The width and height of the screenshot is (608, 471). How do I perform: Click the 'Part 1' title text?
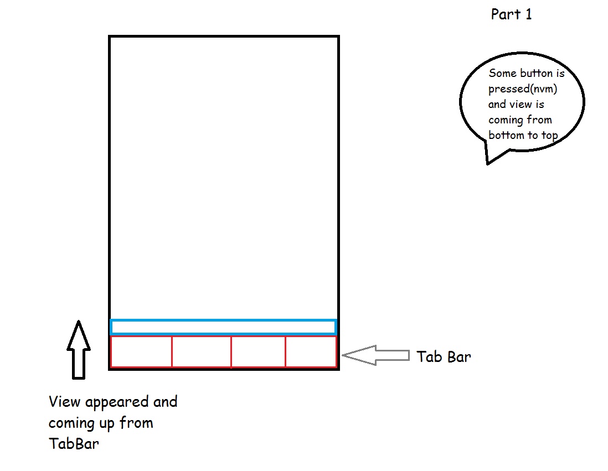pyautogui.click(x=511, y=14)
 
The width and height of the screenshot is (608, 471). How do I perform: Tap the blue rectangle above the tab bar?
pyautogui.click(x=223, y=320)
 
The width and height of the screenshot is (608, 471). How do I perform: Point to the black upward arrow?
pyautogui.click(x=79, y=350)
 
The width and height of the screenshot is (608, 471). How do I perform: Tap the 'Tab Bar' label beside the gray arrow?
pyautogui.click(x=444, y=356)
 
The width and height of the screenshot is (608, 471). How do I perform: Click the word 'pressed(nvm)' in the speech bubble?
pyautogui.click(x=523, y=89)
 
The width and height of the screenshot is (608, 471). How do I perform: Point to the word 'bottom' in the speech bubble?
pyautogui.click(x=506, y=135)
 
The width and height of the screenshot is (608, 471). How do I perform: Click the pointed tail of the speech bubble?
pyautogui.click(x=488, y=164)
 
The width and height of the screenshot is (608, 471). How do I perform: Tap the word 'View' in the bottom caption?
pyautogui.click(x=64, y=402)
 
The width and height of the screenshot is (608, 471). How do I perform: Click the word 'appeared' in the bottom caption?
pyautogui.click(x=117, y=402)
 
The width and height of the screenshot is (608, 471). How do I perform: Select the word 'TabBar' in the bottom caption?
pyautogui.click(x=74, y=443)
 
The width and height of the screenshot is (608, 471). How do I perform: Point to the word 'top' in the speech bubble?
pyautogui.click(x=549, y=136)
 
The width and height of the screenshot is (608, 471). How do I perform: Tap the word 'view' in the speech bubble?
pyautogui.click(x=521, y=104)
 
